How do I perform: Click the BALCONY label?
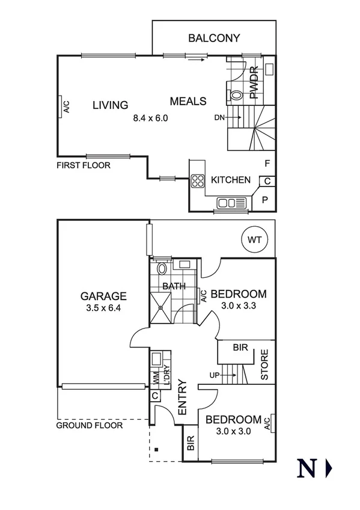tap(214, 38)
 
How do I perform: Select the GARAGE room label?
tap(104, 296)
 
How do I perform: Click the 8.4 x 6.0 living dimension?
tap(150, 118)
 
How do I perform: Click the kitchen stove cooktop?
tap(197, 180)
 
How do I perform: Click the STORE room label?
tap(264, 370)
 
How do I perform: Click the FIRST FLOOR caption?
tap(84, 165)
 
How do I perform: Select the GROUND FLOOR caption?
tap(89, 425)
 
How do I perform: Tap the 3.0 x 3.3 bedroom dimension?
tap(239, 306)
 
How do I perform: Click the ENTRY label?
tap(183, 397)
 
